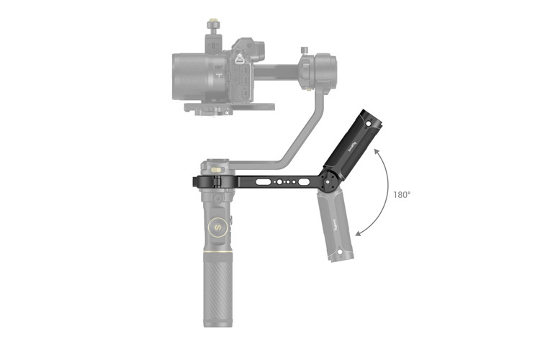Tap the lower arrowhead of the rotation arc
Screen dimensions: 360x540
point(358,233)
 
